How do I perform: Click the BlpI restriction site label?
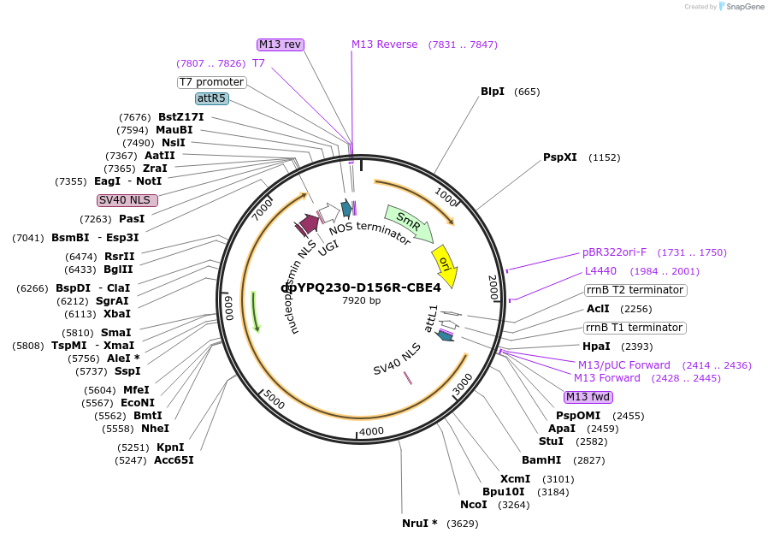(493, 92)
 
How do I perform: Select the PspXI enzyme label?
(560, 157)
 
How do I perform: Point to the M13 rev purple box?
(281, 44)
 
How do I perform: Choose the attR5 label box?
(212, 98)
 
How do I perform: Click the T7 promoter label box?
(211, 82)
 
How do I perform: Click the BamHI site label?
(541, 459)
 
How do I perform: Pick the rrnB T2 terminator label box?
(635, 290)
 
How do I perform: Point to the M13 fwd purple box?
(588, 397)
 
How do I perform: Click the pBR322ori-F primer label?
(615, 252)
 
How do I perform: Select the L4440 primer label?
(600, 271)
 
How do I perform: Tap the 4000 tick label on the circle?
(372, 431)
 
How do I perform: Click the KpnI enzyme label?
(170, 447)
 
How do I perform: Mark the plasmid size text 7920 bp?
(361, 300)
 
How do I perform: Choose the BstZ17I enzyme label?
(181, 117)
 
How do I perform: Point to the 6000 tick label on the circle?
(228, 306)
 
